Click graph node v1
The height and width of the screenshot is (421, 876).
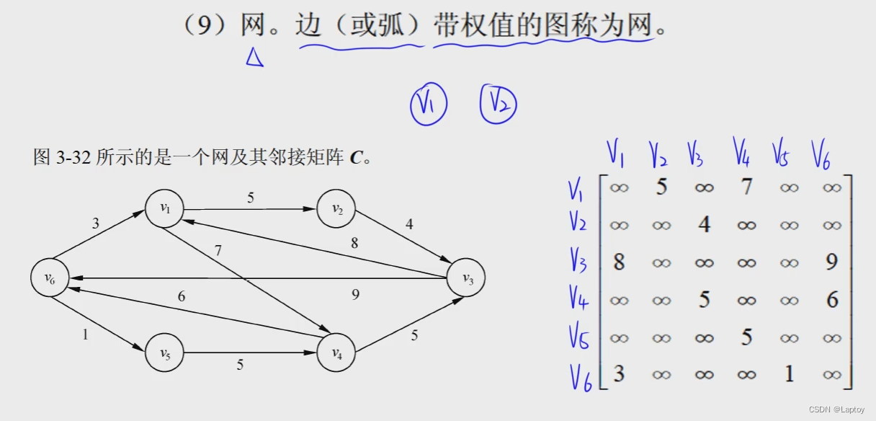[164, 209]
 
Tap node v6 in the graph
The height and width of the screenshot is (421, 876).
[50, 279]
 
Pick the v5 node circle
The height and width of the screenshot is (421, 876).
[164, 353]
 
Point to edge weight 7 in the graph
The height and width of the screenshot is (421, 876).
[218, 252]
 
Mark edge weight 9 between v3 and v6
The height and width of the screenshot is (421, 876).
[354, 293]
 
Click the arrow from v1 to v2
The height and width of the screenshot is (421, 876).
[250, 210]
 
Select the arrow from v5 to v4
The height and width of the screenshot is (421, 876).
[250, 353]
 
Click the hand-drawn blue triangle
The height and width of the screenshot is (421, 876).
[254, 57]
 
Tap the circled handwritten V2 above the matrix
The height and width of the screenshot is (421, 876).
[499, 105]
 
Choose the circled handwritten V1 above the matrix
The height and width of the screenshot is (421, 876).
[428, 105]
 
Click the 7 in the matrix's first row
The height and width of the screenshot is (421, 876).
[746, 187]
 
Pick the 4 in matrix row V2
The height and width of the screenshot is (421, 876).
[704, 224]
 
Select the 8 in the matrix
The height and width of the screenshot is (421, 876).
[619, 262]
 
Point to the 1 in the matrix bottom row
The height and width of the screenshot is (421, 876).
[790, 373]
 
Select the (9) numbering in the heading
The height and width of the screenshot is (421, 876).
[207, 26]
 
